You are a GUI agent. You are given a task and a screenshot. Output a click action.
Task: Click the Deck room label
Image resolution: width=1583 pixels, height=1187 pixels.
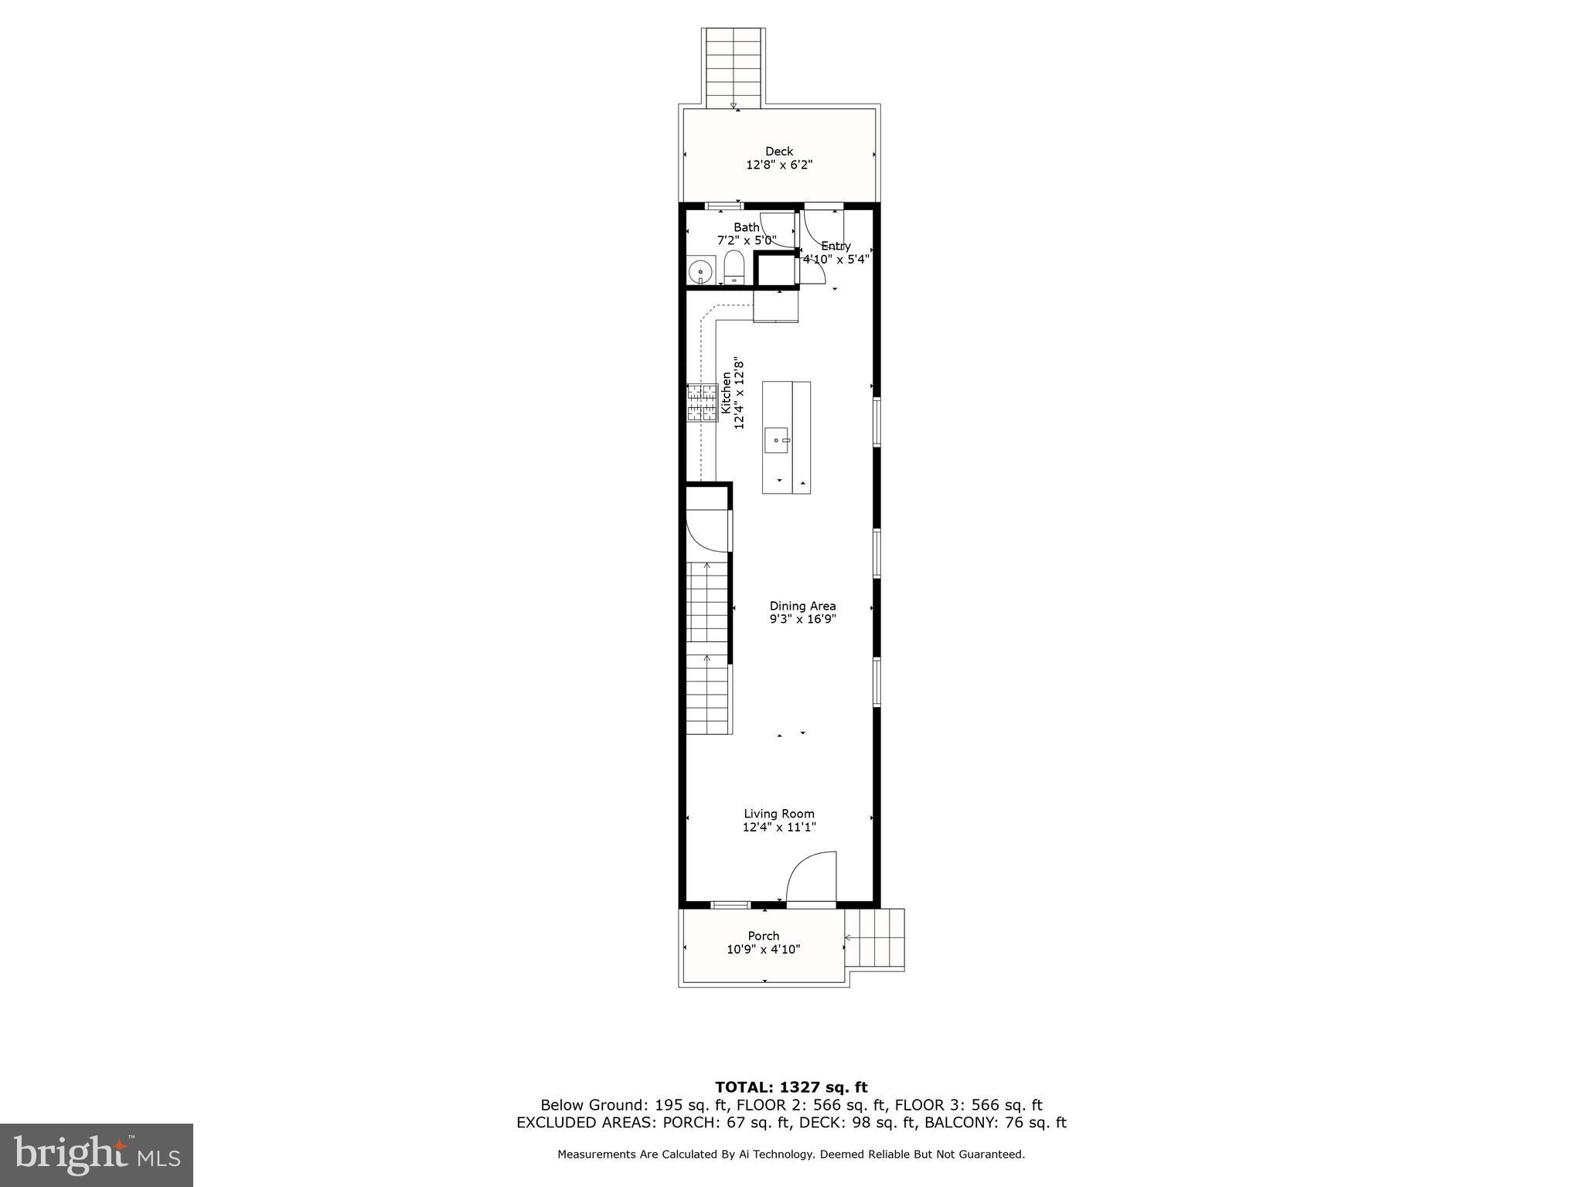point(779,151)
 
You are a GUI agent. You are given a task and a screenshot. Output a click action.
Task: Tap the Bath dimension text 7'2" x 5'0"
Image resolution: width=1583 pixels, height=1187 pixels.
point(747,240)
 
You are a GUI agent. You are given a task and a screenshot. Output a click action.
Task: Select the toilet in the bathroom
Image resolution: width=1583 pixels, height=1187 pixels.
point(734,267)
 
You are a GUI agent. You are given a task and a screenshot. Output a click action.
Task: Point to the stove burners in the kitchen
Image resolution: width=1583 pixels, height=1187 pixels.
point(703,403)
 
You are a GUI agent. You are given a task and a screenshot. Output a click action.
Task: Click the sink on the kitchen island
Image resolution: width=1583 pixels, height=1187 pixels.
point(777,440)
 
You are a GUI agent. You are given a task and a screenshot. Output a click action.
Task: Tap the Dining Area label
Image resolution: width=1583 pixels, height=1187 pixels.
point(802,606)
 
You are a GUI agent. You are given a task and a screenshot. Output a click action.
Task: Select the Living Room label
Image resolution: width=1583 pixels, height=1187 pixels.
point(779,814)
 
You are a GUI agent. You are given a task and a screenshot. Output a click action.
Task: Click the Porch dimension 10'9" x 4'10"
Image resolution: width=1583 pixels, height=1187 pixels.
point(764,949)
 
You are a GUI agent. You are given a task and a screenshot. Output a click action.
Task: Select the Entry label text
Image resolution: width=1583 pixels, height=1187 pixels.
point(836,246)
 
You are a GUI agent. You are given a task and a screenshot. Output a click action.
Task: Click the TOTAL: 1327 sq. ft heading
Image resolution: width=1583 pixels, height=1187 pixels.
point(791,1088)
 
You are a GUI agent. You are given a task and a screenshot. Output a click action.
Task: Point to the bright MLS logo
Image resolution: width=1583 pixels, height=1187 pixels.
point(97,1155)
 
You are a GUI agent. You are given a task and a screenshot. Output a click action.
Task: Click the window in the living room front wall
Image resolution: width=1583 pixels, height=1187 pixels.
point(730,905)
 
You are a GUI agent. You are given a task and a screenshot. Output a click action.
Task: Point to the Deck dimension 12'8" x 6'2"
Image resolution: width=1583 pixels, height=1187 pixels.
point(779,165)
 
